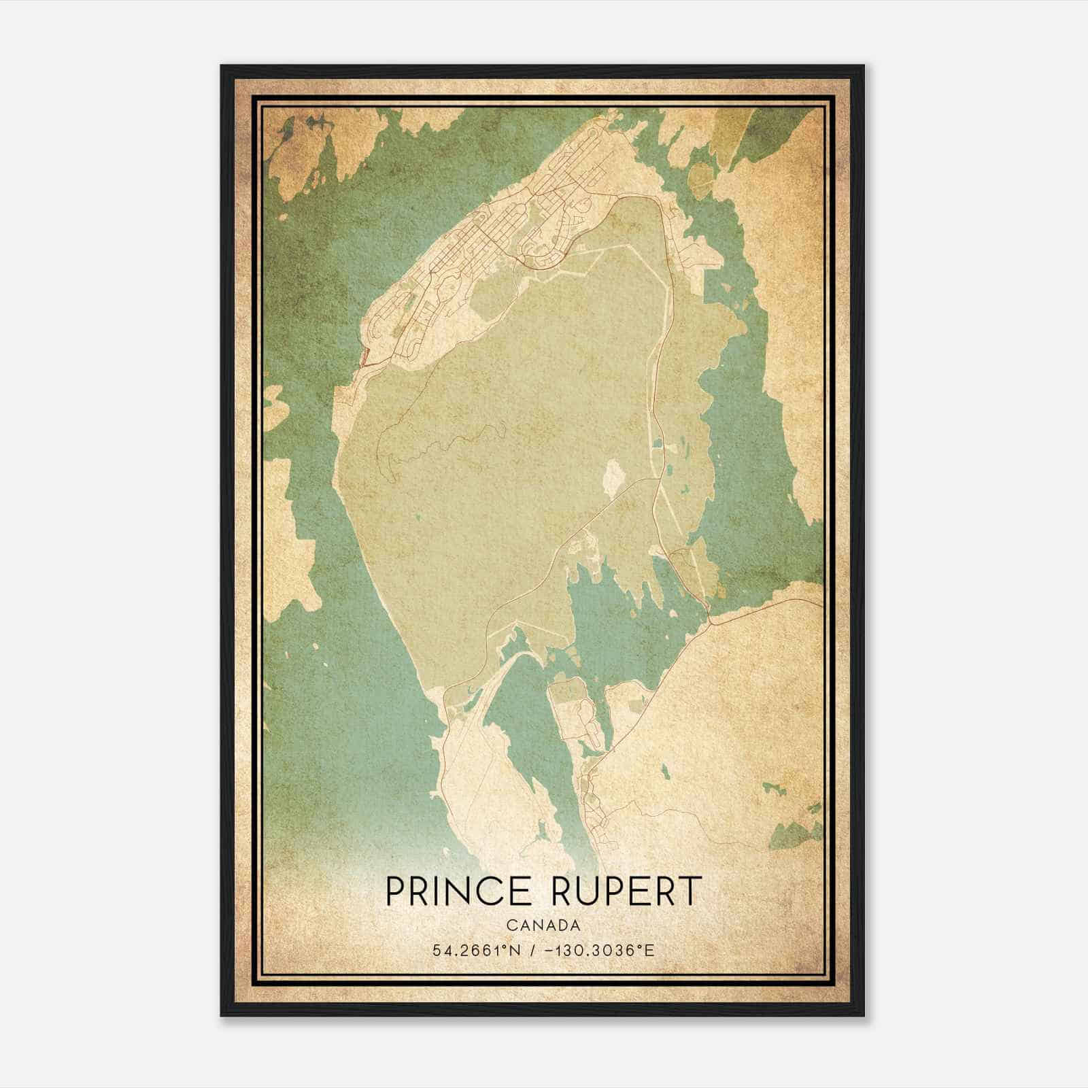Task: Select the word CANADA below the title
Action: click(x=543, y=925)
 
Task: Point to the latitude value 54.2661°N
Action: click(x=477, y=950)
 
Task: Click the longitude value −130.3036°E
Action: click(x=598, y=950)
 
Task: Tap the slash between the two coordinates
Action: click(x=532, y=950)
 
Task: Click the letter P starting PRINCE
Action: click(x=395, y=891)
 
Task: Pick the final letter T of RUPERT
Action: click(x=691, y=891)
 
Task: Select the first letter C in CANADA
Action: click(x=510, y=925)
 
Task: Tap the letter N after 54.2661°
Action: click(x=516, y=950)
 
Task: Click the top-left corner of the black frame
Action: click(x=221, y=66)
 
